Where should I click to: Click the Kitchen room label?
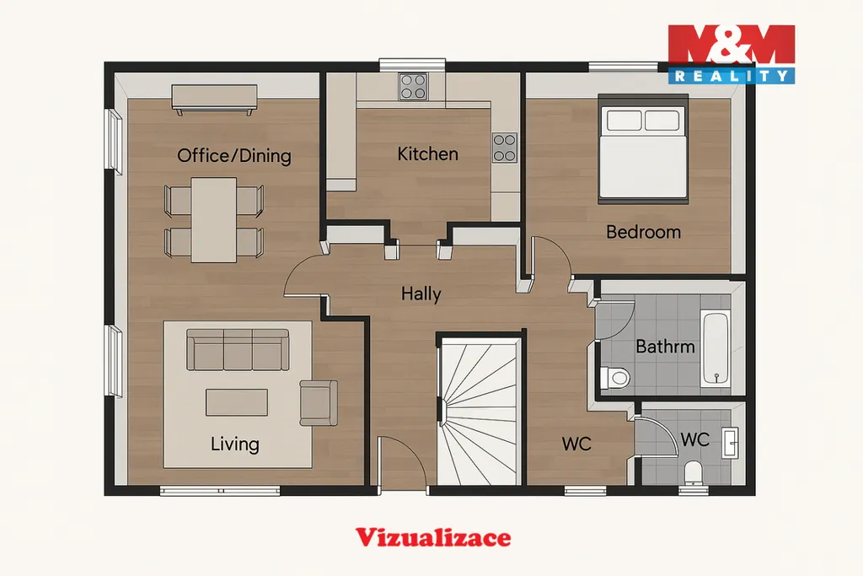point(427,153)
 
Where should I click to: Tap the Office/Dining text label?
point(234,156)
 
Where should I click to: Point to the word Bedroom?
point(643,232)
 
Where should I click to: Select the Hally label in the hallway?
point(421,294)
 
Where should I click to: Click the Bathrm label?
point(665,347)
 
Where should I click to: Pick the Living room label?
point(234,444)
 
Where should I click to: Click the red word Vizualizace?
point(433,537)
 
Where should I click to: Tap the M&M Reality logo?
point(732,54)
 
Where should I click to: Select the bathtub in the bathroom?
point(716,348)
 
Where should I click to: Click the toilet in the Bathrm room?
point(614,377)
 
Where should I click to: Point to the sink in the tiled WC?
point(731,442)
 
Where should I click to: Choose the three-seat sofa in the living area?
point(238,350)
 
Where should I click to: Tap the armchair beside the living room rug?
point(319,402)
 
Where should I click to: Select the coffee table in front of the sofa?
point(237,402)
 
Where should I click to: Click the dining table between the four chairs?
point(214,220)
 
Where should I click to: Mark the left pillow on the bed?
point(624,120)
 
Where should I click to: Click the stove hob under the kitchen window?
point(413,87)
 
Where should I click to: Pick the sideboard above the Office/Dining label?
point(214,99)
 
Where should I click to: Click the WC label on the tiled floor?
point(694,439)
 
